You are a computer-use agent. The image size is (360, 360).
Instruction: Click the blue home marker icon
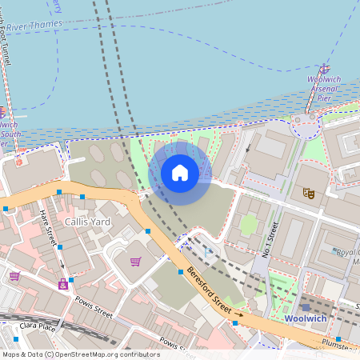click(x=180, y=172)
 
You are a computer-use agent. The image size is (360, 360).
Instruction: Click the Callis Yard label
click(x=87, y=221)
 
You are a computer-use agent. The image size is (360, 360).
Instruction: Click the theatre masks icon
click(x=307, y=193)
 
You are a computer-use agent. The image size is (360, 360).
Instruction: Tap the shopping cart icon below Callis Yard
click(x=135, y=262)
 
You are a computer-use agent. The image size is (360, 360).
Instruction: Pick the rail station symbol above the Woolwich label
click(x=306, y=306)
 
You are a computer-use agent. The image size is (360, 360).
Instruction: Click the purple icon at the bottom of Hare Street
click(x=62, y=283)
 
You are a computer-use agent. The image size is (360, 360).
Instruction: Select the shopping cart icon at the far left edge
click(x=14, y=276)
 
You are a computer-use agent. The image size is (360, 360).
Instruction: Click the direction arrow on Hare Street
click(x=62, y=249)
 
